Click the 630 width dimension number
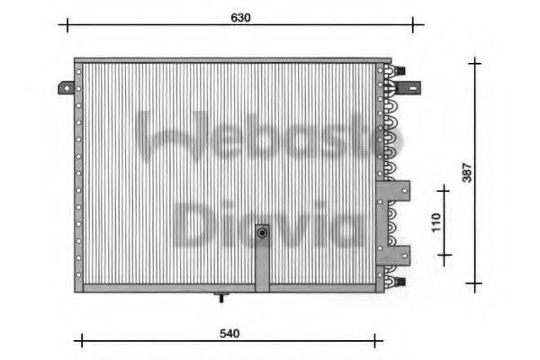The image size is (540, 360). tap(238, 17)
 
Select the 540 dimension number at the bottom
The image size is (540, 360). tap(229, 334)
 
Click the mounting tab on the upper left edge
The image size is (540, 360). tap(67, 88)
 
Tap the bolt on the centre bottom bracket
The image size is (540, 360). tap(262, 233)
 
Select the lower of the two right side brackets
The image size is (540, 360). tap(396, 253)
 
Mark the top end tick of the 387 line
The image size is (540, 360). tap(474, 63)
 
